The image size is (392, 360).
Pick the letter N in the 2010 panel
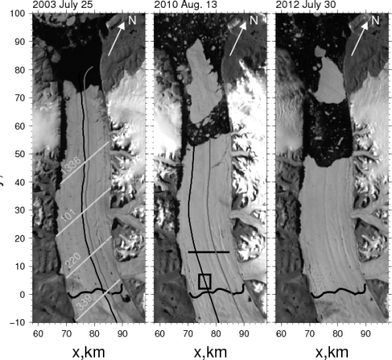[253, 19]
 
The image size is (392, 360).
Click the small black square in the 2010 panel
[205, 281]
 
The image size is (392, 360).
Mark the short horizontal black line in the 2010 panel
[208, 252]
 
